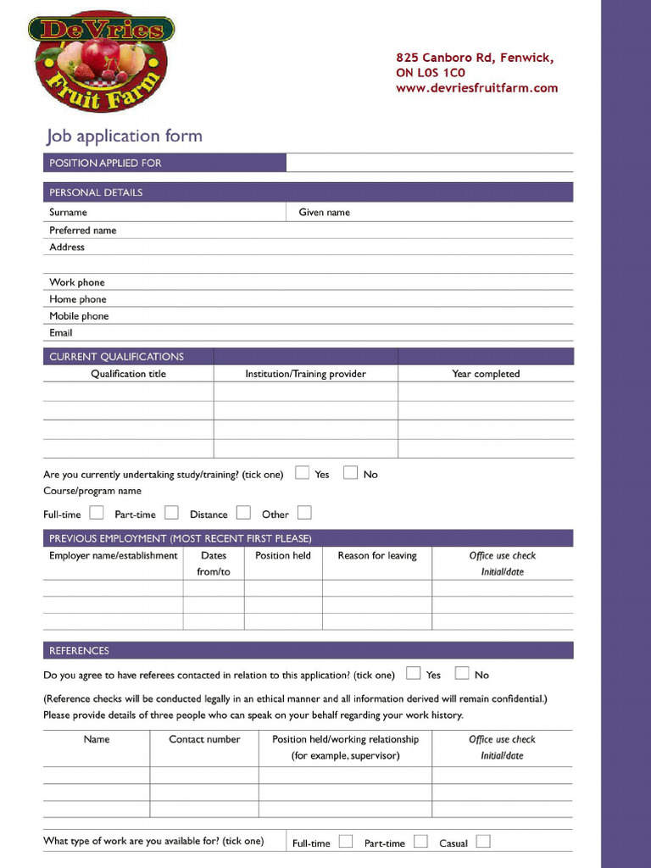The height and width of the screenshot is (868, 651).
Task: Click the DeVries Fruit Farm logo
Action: pyautogui.click(x=101, y=60)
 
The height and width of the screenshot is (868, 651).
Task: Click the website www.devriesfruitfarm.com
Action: pyautogui.click(x=476, y=88)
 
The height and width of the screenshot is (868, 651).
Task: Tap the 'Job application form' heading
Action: pyautogui.click(x=124, y=136)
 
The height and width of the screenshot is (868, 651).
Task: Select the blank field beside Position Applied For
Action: pyautogui.click(x=429, y=163)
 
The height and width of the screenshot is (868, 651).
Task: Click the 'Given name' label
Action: pyautogui.click(x=324, y=213)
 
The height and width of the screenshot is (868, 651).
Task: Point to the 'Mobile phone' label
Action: pyautogui.click(x=79, y=316)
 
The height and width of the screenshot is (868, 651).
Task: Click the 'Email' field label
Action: pyautogui.click(x=61, y=333)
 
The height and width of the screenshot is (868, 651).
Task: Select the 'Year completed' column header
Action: pyautogui.click(x=486, y=374)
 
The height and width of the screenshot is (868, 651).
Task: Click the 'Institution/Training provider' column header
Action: pyautogui.click(x=305, y=374)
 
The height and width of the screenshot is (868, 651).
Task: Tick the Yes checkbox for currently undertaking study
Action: pyautogui.click(x=302, y=473)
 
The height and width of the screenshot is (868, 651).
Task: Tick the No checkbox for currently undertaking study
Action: pyautogui.click(x=350, y=473)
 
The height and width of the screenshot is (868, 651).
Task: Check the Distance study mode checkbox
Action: pyautogui.click(x=243, y=513)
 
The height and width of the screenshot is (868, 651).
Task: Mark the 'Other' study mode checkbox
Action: pyautogui.click(x=304, y=513)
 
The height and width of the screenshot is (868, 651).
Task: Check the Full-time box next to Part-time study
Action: pyautogui.click(x=97, y=513)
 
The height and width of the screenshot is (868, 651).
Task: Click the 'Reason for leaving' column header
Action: pyautogui.click(x=377, y=556)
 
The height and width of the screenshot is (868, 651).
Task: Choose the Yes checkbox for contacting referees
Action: pyautogui.click(x=413, y=674)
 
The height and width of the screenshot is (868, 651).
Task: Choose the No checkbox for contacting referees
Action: pyautogui.click(x=462, y=674)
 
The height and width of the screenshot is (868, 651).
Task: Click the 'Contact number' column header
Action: pyautogui.click(x=204, y=739)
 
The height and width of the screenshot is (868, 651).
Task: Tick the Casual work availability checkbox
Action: pyautogui.click(x=482, y=842)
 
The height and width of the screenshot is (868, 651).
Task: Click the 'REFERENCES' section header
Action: pyautogui.click(x=79, y=651)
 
